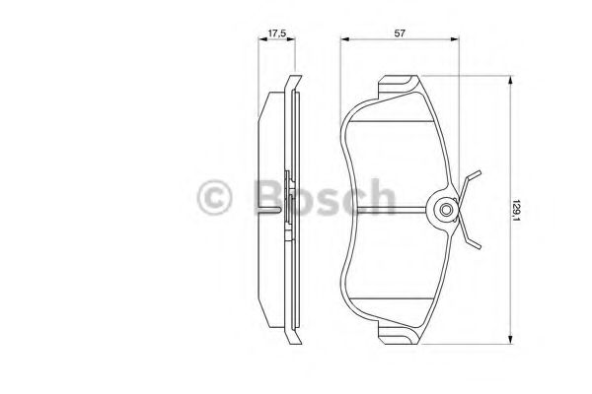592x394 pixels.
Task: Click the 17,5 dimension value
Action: tap(277, 33)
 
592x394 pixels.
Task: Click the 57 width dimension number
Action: tap(401, 33)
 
